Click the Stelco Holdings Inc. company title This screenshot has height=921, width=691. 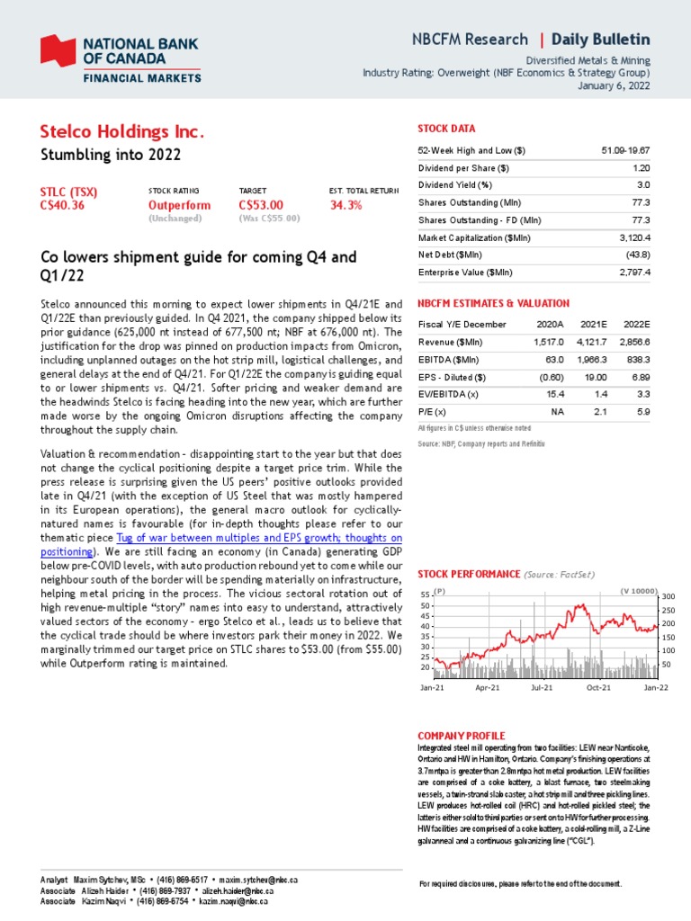coord(122,133)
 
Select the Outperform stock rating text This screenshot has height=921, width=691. coord(179,205)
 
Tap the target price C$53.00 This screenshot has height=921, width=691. coord(261,205)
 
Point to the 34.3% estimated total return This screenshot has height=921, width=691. coord(346,205)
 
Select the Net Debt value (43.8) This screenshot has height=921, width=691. coord(635,255)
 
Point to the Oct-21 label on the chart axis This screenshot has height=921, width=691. coord(598,687)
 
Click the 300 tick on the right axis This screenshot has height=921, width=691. coord(669,596)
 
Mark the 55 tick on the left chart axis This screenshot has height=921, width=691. coord(425,595)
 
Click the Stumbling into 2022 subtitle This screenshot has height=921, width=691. coord(112,155)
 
